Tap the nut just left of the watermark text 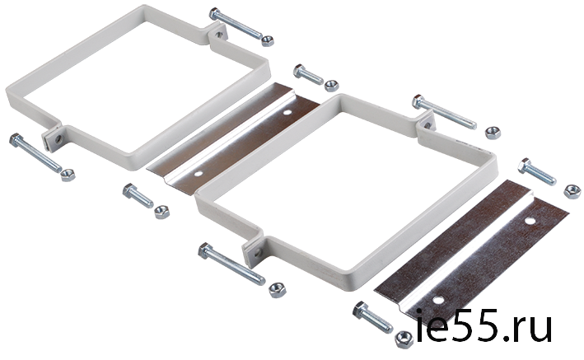404,339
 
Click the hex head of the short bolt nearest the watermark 361,310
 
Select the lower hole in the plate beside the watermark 438,299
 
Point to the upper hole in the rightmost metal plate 530,221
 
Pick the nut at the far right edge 572,192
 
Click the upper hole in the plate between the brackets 287,112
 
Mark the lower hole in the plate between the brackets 199,173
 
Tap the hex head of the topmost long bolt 215,14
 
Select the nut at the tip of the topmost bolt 268,40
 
